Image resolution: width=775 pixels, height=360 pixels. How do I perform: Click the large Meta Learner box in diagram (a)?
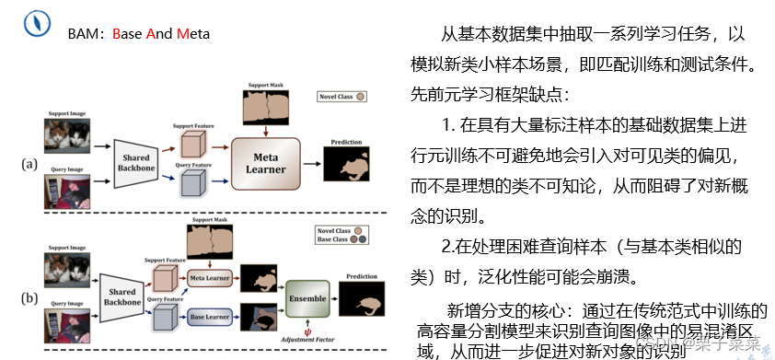click(x=266, y=163)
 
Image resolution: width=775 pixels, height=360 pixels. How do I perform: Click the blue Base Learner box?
click(x=209, y=318)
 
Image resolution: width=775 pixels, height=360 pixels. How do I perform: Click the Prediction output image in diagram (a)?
click(x=349, y=165)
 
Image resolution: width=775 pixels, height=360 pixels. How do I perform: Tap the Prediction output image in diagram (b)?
click(x=363, y=297)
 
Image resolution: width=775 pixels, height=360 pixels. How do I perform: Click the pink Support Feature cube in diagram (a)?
click(x=191, y=145)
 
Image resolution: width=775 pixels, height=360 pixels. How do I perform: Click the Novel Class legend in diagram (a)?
click(x=342, y=96)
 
